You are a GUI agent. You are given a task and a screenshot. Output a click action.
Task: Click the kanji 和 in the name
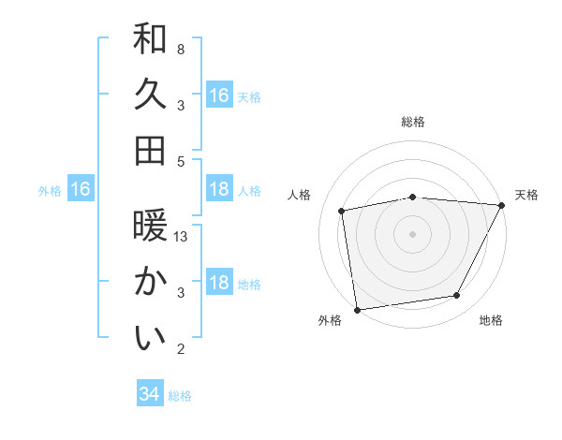tap(150, 39)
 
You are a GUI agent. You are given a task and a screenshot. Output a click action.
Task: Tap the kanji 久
tap(150, 95)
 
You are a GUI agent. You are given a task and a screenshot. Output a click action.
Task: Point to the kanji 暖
tap(150, 227)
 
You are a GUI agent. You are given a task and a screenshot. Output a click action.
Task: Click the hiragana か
tap(150, 282)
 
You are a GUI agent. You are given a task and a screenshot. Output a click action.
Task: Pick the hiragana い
tap(150, 338)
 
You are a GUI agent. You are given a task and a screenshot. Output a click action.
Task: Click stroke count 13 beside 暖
tap(182, 237)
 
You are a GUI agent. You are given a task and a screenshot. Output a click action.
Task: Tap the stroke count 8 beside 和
tap(180, 49)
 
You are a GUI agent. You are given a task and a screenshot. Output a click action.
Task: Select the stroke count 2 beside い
tap(180, 349)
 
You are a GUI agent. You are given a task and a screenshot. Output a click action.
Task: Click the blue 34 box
tap(149, 394)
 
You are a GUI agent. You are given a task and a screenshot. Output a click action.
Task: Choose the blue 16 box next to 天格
tap(219, 95)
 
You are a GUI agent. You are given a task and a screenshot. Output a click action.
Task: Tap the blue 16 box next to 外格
tap(81, 189)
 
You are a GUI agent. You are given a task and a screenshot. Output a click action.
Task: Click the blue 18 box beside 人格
tap(219, 189)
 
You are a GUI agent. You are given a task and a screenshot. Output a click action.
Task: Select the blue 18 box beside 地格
tap(219, 283)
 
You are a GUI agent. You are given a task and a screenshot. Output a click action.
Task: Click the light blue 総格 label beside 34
tap(180, 396)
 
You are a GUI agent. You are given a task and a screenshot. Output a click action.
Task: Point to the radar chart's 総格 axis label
tap(413, 122)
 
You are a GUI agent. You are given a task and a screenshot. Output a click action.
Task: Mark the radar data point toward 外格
tap(358, 309)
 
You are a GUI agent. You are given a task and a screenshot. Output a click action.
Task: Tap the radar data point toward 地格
tap(457, 296)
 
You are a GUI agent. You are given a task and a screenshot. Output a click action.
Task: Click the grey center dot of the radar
tap(413, 233)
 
